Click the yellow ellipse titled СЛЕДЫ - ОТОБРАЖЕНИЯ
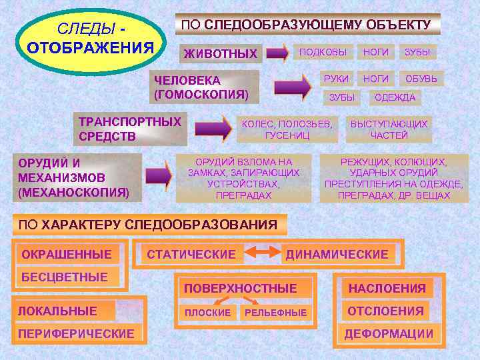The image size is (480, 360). pos(89,39)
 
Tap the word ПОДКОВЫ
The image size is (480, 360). pos(323,51)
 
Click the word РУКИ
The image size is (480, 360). pos(336,79)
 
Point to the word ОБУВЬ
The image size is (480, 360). pos(421,79)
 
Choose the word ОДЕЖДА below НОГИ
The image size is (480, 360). pos(395,97)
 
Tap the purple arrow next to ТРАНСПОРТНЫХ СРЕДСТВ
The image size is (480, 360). pos(213,129)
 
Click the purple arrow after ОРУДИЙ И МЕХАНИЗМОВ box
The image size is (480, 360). pos(159,177)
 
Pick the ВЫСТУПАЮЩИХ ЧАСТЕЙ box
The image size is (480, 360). pos(389,129)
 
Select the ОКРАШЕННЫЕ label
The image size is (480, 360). pos(67,254)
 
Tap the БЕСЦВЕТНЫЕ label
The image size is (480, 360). pos(65,277)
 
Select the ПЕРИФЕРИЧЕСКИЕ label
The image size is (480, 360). pos(76,333)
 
